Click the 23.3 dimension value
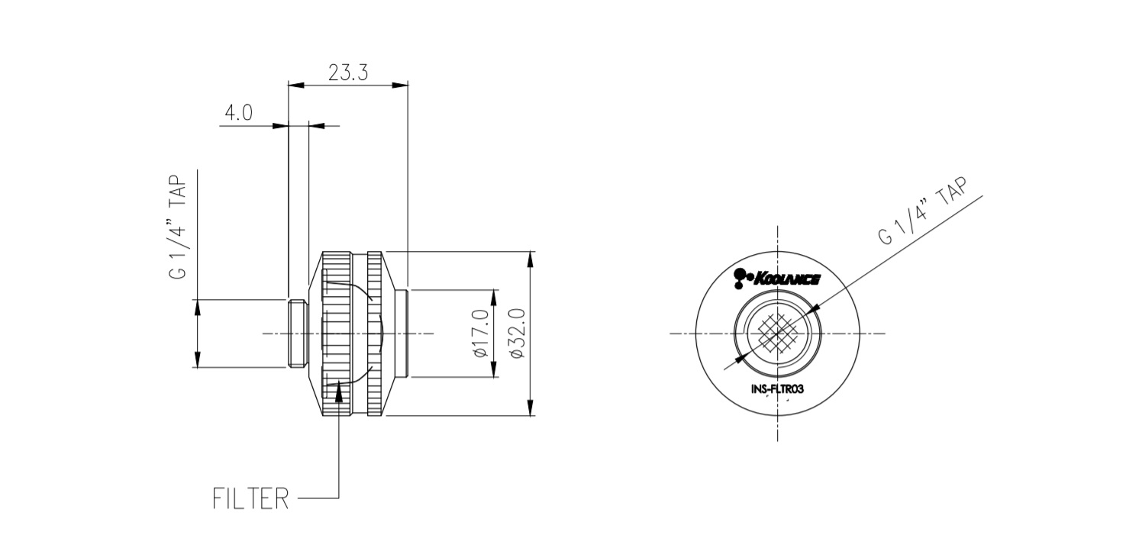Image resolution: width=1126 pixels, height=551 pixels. [348, 72]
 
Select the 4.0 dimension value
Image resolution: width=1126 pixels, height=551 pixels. [238, 113]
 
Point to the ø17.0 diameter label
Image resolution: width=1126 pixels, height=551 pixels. [481, 333]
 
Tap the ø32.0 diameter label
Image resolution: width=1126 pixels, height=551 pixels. [518, 333]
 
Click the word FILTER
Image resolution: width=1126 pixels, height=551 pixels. [251, 498]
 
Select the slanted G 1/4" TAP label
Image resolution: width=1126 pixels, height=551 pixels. [922, 211]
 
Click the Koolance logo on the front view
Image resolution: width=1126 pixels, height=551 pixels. [776, 279]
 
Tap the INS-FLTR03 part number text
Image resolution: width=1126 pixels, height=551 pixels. [777, 388]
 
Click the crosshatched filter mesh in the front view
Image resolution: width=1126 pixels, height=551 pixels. [778, 333]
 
